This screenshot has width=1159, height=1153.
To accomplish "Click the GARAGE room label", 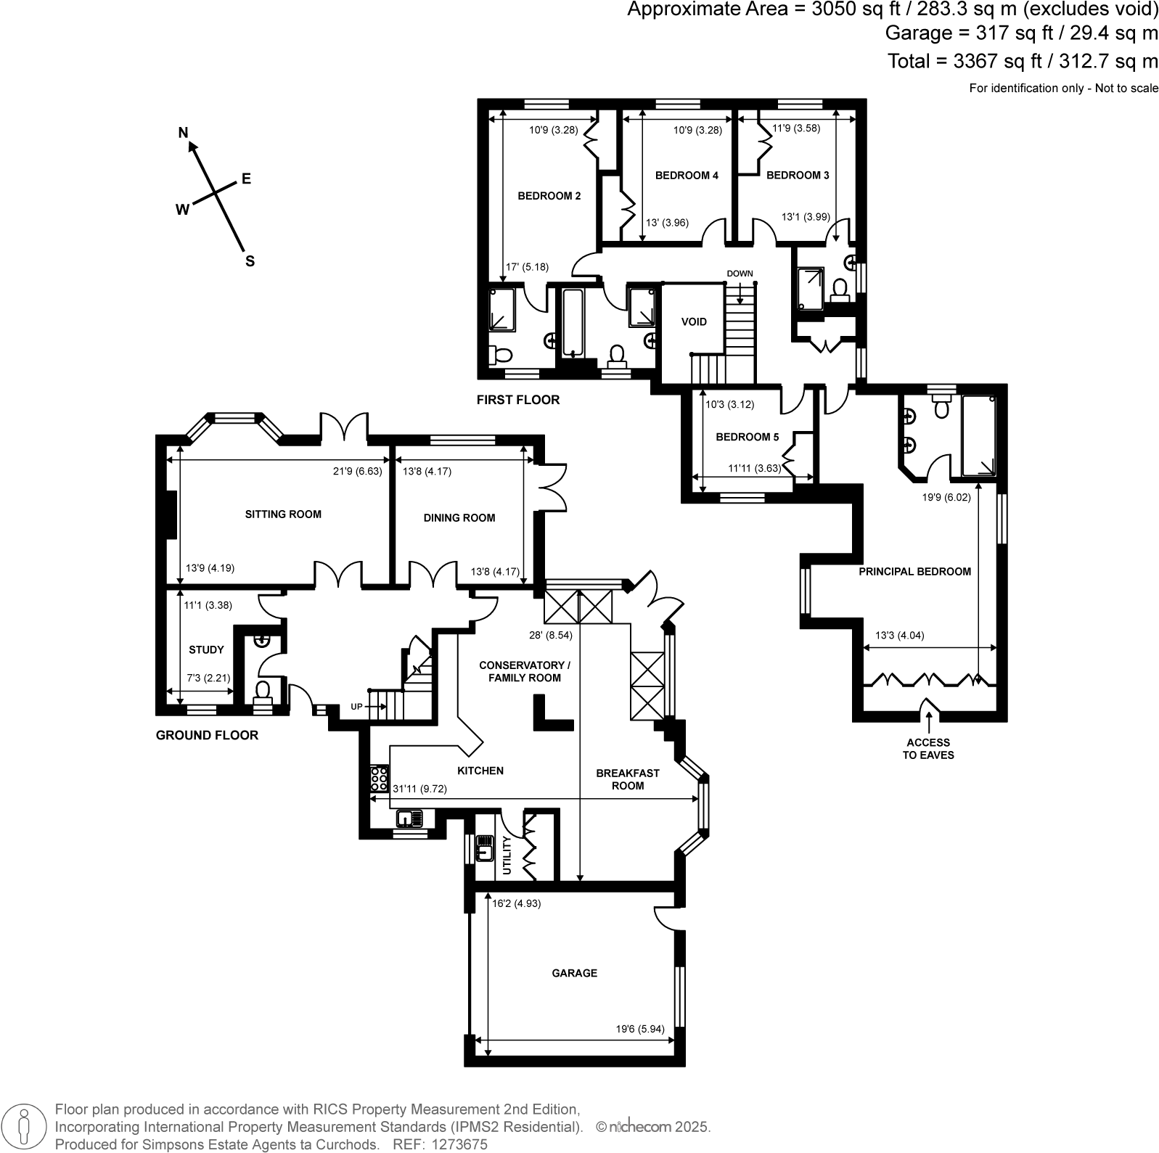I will click(574, 973).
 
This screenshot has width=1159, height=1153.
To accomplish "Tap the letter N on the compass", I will click(184, 132).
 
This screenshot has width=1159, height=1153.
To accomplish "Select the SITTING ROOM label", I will click(283, 514).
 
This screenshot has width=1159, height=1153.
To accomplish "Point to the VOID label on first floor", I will click(694, 321).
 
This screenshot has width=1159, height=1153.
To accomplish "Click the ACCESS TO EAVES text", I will click(928, 749).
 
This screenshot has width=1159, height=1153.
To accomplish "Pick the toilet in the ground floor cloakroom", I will click(263, 690).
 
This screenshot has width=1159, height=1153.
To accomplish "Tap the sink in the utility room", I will click(484, 847).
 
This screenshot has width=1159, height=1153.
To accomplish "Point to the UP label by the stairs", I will click(356, 706).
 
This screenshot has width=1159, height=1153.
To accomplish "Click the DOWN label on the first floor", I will click(740, 274).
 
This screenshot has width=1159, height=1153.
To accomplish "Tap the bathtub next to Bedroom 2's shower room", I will click(573, 322).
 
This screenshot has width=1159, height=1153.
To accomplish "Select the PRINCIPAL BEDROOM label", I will click(914, 572).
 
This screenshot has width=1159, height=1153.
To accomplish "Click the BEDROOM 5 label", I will click(747, 438).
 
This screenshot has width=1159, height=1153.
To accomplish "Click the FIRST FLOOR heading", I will click(518, 400).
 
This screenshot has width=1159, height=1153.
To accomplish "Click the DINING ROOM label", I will click(459, 518).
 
